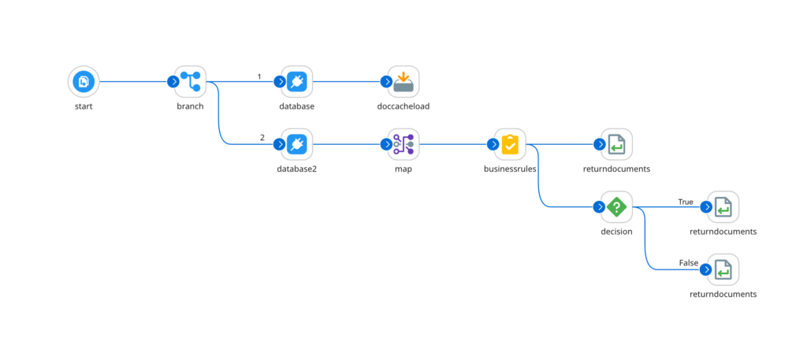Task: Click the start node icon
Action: tap(83, 81)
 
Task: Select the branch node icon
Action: tap(190, 81)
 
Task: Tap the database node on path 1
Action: tap(297, 81)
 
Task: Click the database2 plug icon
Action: tap(297, 144)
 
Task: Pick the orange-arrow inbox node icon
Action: tap(403, 81)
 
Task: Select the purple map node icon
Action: tap(403, 144)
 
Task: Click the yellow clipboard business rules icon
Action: tap(510, 144)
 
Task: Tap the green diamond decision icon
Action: tap(617, 207)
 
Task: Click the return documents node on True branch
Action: tap(723, 207)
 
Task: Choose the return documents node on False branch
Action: tap(723, 270)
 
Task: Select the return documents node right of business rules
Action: tap(617, 144)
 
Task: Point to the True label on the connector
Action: tap(686, 202)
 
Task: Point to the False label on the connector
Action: tap(686, 262)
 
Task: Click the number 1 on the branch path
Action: tap(259, 76)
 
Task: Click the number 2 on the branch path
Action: tap(262, 137)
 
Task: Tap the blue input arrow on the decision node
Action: tap(599, 207)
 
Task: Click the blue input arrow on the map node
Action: tap(385, 144)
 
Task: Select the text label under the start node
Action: tap(83, 106)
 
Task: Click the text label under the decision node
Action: tap(617, 232)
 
